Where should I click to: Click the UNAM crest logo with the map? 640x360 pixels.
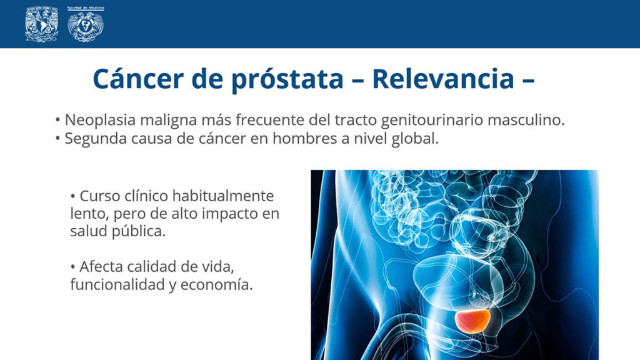tap(41, 24)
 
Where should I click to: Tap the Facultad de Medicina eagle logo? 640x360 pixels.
tap(86, 24)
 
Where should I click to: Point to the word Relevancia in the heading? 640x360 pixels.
tap(443, 79)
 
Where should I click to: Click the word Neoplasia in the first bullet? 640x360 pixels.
tap(100, 121)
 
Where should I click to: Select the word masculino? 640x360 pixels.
tap(526, 120)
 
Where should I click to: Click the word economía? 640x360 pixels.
tap(216, 285)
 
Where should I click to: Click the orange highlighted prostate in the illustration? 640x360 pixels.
tap(472, 321)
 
